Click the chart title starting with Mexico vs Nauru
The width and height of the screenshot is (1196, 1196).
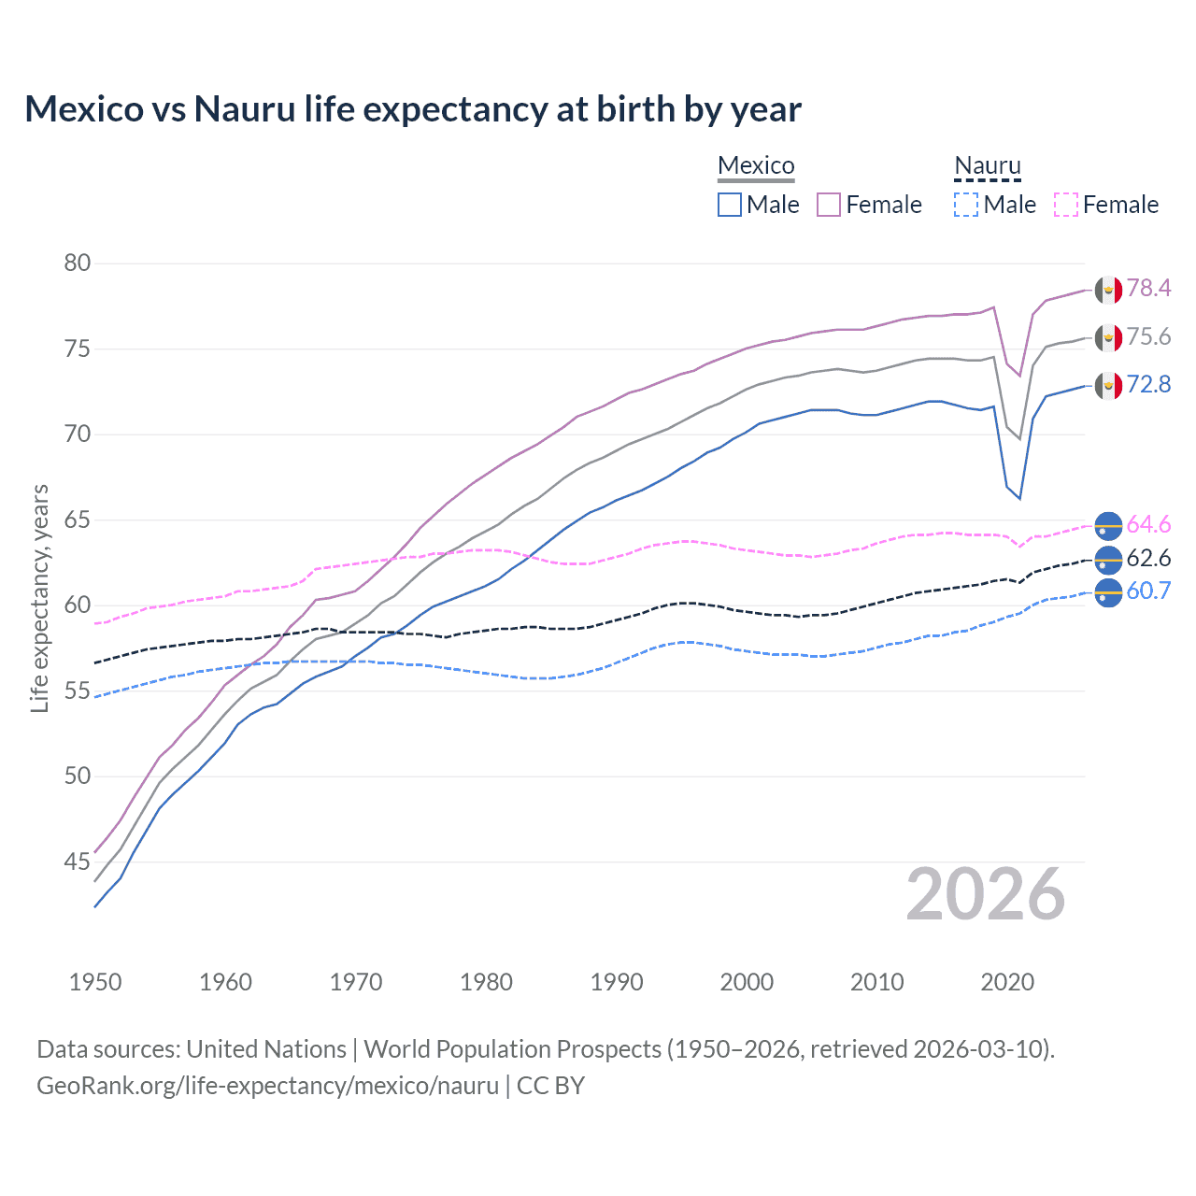[x=413, y=109]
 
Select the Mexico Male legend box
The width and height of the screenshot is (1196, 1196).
[x=730, y=205]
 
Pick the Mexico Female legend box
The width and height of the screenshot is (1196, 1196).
[x=829, y=205]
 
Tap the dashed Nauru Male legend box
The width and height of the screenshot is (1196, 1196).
[x=966, y=205]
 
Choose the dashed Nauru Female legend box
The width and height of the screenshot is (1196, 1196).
[x=1065, y=205]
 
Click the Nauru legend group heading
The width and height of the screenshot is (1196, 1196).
[x=987, y=165]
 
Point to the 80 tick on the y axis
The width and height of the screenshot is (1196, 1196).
[x=78, y=263]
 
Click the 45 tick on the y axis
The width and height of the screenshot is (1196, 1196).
[x=78, y=861]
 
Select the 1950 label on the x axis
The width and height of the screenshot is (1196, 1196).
[x=95, y=982]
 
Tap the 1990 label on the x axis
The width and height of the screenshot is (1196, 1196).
[x=617, y=982]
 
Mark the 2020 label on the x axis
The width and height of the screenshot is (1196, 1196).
[x=1007, y=982]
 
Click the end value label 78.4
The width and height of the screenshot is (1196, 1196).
[x=1148, y=289]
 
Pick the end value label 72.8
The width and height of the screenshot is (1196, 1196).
[x=1148, y=385]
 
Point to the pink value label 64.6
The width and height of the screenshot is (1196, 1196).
[x=1148, y=525]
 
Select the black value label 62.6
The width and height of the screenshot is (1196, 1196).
[x=1148, y=559]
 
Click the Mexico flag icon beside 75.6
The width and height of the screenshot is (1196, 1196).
[x=1108, y=337]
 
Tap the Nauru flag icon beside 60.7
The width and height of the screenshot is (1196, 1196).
[x=1108, y=592]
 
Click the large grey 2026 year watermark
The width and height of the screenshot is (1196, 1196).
[x=985, y=895]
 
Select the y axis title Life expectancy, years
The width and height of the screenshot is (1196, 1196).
[x=39, y=598]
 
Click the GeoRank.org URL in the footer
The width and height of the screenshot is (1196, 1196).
[x=267, y=1086]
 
